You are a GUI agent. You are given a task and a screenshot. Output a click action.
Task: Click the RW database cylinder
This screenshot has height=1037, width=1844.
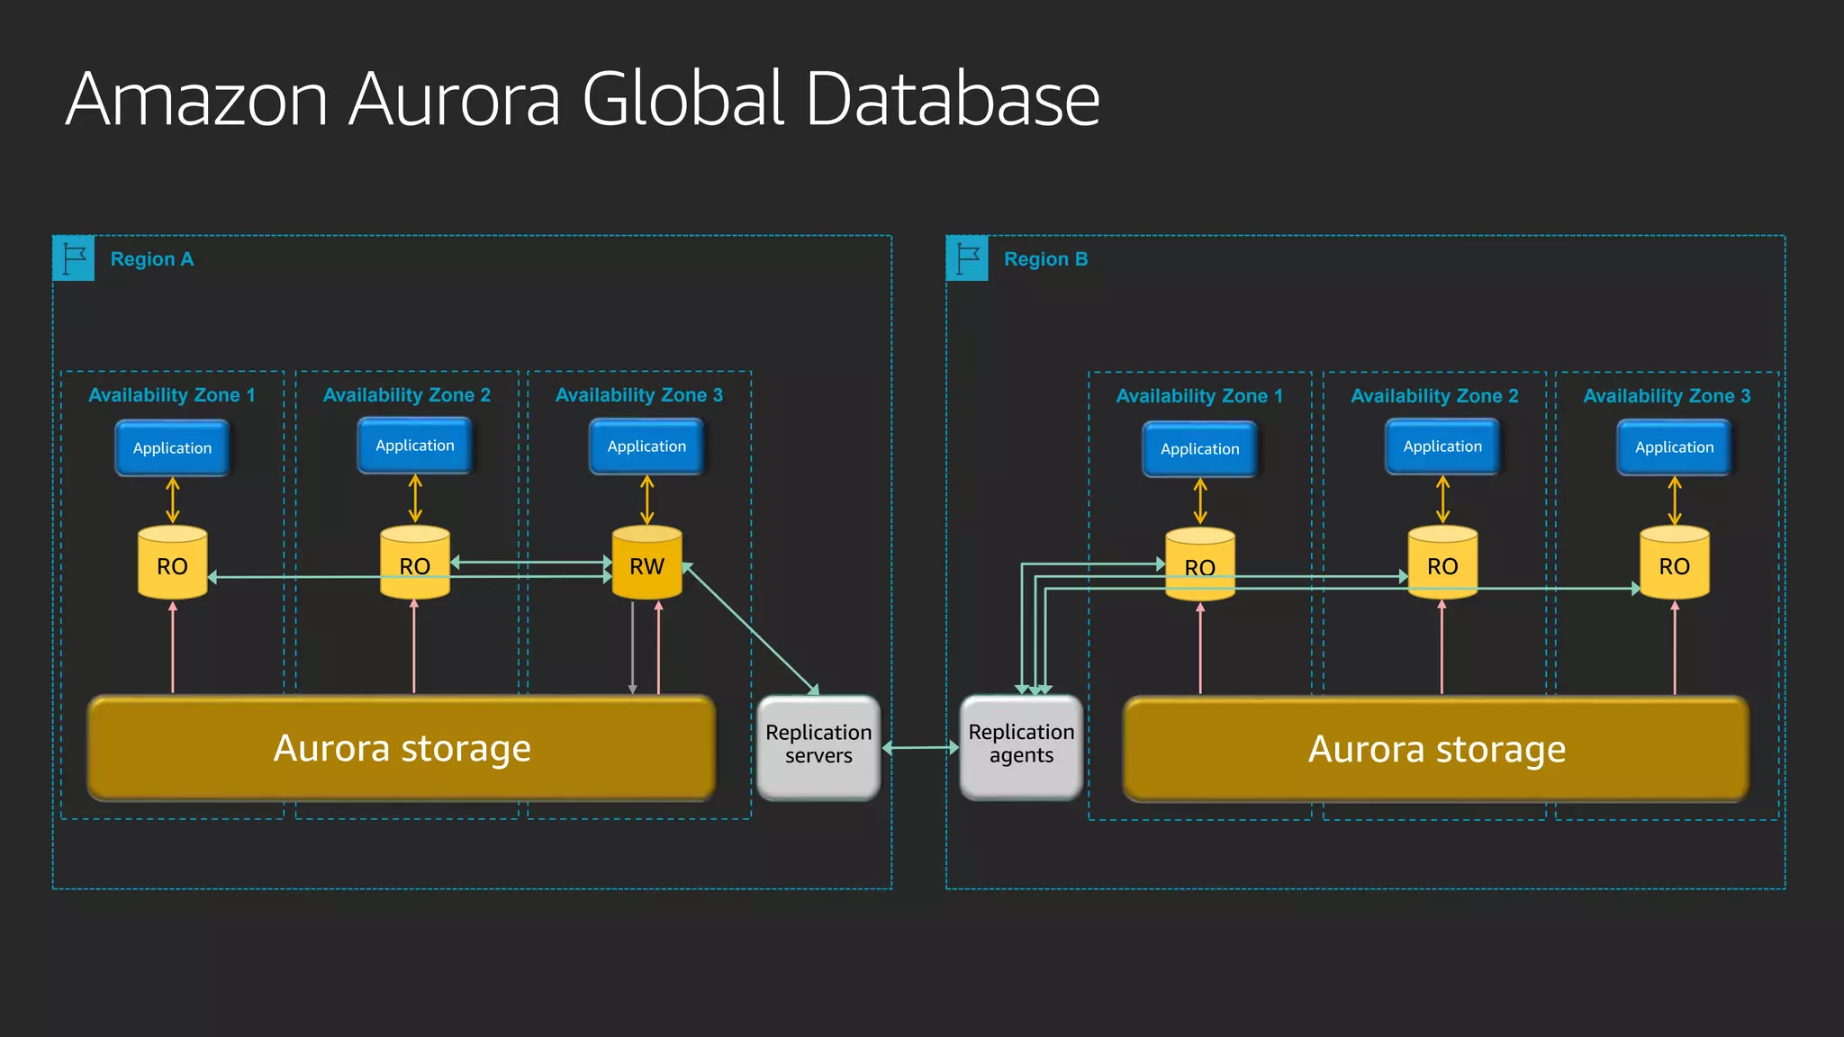tap(646, 564)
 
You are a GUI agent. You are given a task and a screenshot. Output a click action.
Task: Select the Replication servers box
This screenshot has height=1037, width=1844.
tap(818, 746)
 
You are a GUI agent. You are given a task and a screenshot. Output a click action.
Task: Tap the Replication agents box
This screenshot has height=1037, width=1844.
tap(1021, 746)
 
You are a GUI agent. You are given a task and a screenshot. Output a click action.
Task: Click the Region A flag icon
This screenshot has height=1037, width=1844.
tap(74, 258)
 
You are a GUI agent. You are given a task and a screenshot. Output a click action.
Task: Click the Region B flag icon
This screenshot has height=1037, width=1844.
tap(967, 258)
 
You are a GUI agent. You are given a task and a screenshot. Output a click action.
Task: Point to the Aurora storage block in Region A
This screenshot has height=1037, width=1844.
tap(402, 748)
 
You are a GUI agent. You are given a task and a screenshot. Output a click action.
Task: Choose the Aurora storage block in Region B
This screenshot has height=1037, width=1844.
tap(1436, 749)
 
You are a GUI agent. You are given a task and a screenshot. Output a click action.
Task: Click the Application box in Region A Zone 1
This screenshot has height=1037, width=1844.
tap(172, 448)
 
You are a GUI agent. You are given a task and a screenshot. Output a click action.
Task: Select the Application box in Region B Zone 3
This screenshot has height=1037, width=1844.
tap(1674, 447)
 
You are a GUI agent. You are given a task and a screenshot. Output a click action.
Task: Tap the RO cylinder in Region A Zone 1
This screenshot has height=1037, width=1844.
tap(172, 564)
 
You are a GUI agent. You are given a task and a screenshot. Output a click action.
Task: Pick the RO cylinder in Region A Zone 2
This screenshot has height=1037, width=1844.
tap(414, 564)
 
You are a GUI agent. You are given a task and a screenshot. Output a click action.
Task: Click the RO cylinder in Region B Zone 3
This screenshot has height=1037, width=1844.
tap(1674, 564)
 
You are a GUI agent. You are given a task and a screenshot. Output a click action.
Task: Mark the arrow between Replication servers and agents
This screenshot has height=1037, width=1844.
tap(920, 747)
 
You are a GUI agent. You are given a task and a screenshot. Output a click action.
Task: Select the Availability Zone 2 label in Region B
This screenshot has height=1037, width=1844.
tap(1434, 396)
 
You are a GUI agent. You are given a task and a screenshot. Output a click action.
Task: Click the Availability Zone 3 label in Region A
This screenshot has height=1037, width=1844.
tap(638, 395)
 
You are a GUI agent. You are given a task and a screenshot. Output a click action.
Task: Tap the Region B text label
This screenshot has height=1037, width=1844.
tap(1045, 259)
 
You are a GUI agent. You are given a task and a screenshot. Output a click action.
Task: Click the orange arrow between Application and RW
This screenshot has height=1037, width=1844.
tap(646, 500)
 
